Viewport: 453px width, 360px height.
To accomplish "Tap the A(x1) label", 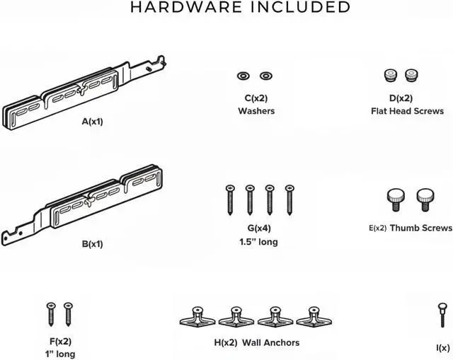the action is click(92, 122).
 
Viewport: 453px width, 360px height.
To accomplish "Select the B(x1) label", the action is click(92, 244).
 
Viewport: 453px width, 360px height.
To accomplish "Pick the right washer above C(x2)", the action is click(265, 75).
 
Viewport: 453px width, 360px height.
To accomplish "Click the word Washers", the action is click(256, 111).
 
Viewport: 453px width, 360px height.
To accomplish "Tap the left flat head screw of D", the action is click(390, 74).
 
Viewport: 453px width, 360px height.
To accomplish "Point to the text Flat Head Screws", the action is click(407, 111).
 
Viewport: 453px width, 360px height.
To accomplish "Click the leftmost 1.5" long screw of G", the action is click(229, 199).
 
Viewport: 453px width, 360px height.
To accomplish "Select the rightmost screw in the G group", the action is click(289, 199).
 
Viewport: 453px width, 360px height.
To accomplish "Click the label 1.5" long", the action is click(258, 242).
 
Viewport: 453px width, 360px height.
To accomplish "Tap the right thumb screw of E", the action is click(424, 198).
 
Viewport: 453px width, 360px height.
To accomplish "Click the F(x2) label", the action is click(59, 341).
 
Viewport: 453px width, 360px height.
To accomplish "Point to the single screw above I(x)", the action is click(442, 316).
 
